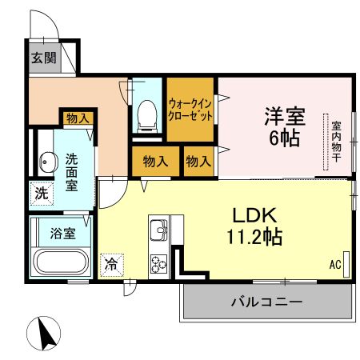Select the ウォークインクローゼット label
tap(191, 108)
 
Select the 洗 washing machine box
tap(40, 193)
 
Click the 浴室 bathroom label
tap(63, 234)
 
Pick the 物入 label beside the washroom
tap(78, 118)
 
